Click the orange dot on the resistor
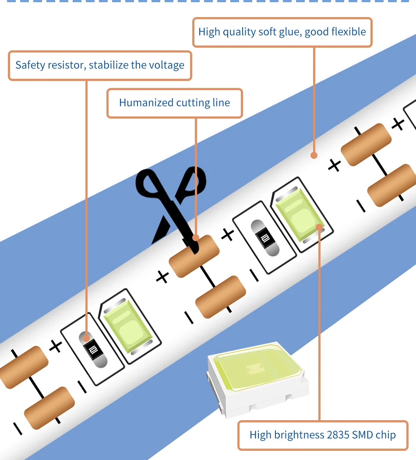coord(86,337)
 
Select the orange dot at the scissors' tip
coord(196,238)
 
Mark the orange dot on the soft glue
coord(314,155)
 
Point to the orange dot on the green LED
coord(320,227)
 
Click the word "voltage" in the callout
coord(166,65)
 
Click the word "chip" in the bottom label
coord(386,435)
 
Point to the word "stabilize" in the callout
coord(109,65)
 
